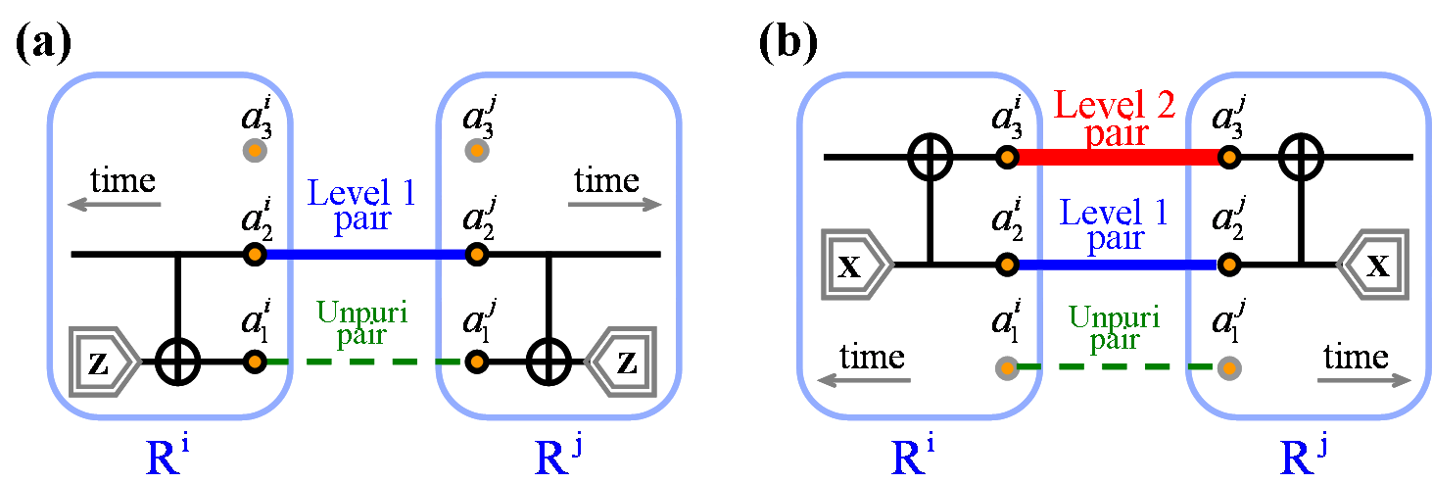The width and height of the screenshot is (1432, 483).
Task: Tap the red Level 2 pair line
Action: point(1117,157)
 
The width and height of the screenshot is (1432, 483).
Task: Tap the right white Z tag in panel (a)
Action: point(624,362)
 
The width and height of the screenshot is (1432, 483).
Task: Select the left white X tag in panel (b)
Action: point(854,266)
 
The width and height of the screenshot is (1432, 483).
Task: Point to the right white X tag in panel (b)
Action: point(1375,266)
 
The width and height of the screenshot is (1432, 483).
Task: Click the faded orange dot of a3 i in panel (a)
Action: point(254,151)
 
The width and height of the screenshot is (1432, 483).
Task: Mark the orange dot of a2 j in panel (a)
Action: point(476,255)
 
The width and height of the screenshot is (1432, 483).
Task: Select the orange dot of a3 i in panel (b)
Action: point(1004,156)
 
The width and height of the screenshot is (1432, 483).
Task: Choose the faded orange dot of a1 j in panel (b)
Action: point(1227,368)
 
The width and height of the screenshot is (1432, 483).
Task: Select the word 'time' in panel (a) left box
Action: point(123,180)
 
